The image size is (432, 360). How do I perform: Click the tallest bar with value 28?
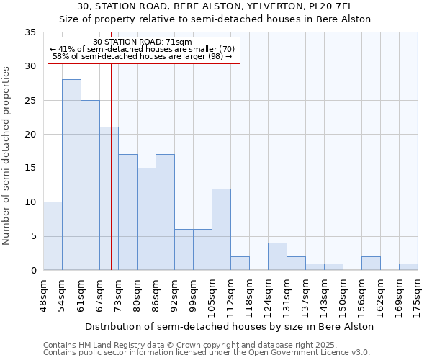71,175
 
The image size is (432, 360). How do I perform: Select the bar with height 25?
90,185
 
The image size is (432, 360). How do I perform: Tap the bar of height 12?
221,230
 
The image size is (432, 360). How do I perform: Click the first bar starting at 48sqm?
53,236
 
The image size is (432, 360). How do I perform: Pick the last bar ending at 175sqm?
408,267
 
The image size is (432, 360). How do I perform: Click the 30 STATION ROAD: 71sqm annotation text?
143,42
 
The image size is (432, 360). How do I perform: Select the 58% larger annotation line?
143,56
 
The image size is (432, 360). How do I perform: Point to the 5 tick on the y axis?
32,236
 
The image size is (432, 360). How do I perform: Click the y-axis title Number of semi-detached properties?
7,156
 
